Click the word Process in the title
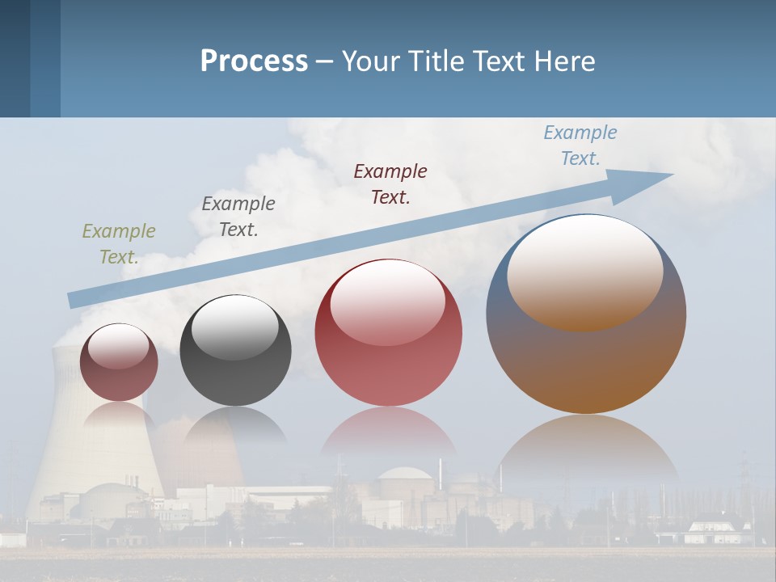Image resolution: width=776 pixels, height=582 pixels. [x=254, y=61]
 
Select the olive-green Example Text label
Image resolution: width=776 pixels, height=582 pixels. [x=118, y=244]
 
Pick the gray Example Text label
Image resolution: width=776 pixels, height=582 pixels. [x=238, y=217]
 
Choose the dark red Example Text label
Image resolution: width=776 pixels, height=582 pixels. [x=390, y=184]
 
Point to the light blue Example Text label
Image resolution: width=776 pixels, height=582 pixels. [x=580, y=145]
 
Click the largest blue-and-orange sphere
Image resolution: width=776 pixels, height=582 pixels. [x=586, y=364]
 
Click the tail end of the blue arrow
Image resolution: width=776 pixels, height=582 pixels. [x=73, y=299]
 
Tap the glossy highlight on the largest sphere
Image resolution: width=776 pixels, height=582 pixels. [x=585, y=271]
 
